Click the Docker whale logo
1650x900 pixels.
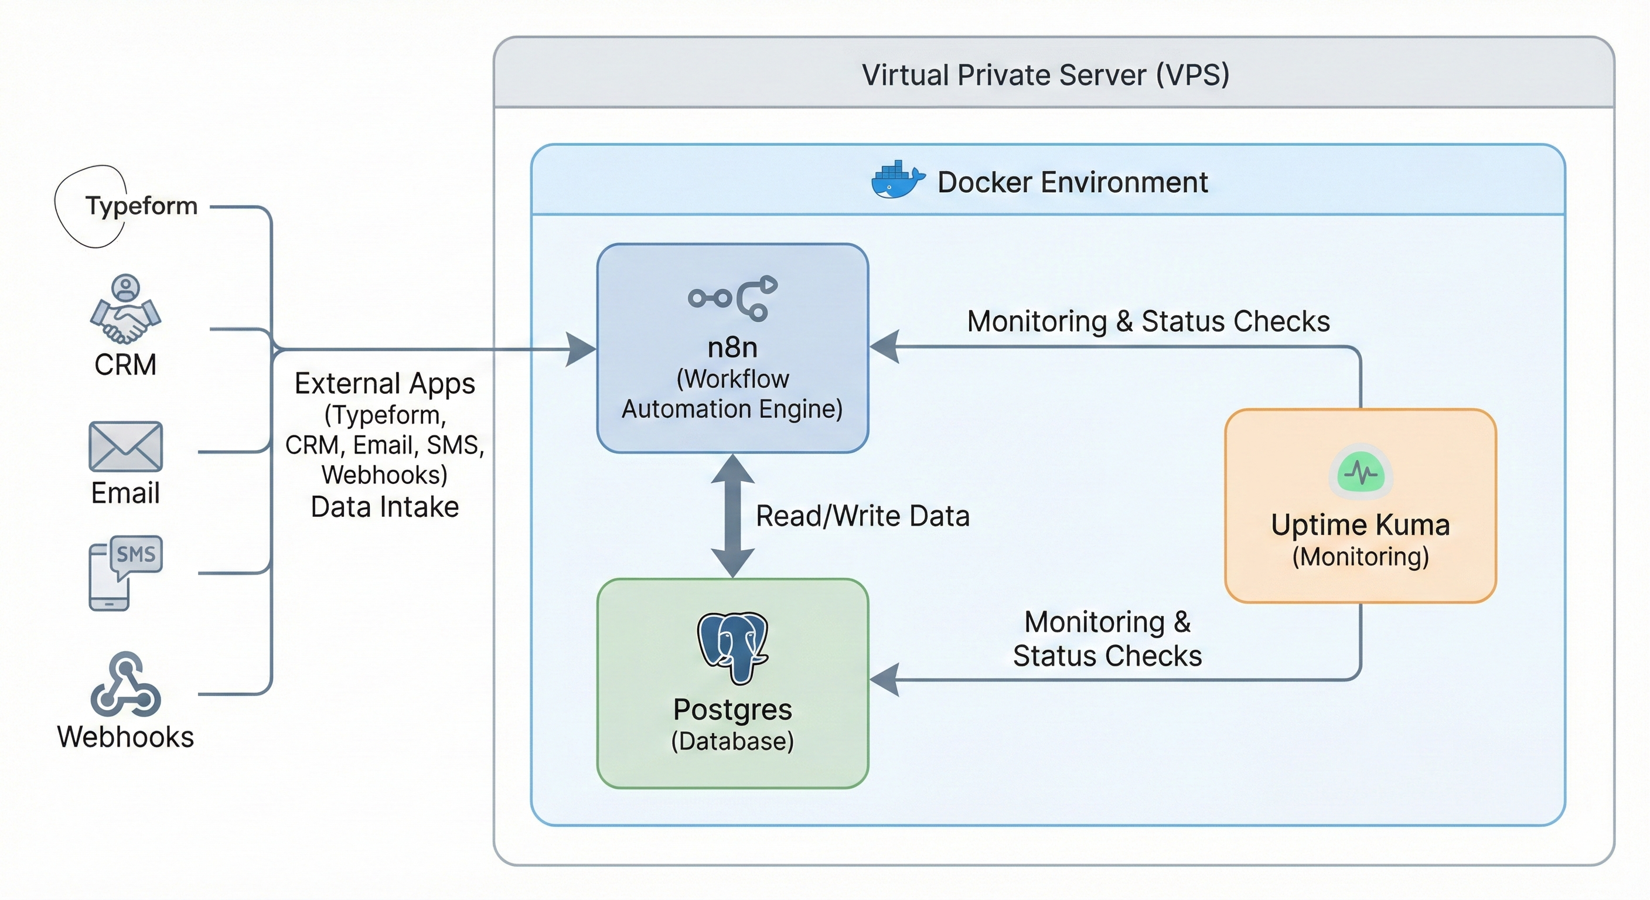coord(896,180)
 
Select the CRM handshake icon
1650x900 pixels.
coord(125,311)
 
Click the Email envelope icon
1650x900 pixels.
coord(125,446)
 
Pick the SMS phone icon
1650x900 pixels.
coord(125,572)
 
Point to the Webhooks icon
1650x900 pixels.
coord(125,685)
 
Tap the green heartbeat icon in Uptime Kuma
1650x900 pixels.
coord(1361,473)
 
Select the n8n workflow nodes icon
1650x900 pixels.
coord(732,298)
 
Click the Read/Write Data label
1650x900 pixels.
coord(862,516)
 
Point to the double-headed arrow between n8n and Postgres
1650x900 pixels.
coord(732,516)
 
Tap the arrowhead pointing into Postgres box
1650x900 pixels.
coord(884,680)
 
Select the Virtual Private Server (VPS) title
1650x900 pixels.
coord(1045,76)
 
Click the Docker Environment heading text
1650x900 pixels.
coord(1072,183)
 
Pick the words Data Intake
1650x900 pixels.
coord(384,507)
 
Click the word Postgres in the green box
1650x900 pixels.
coord(732,710)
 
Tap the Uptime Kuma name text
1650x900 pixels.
coord(1360,525)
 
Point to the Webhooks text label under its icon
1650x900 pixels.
coord(125,737)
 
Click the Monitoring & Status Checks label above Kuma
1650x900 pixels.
coord(1148,322)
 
